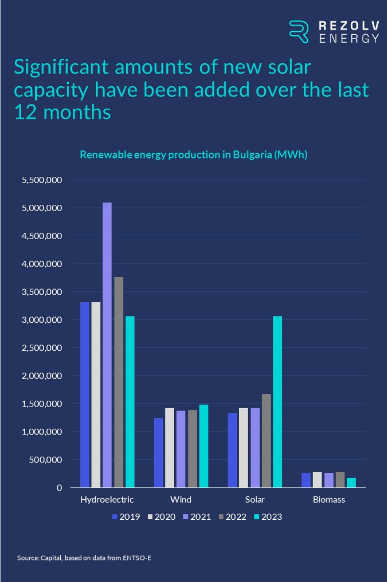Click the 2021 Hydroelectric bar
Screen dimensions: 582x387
click(x=107, y=345)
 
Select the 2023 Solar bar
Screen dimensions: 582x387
click(x=277, y=402)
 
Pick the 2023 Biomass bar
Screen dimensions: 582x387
click(x=351, y=483)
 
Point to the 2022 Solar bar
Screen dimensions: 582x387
click(x=266, y=441)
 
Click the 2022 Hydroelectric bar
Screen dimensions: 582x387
click(x=119, y=382)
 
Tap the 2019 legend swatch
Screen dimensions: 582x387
click(x=115, y=517)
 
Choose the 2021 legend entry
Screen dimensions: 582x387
click(x=196, y=517)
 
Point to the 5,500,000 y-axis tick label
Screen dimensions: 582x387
click(x=42, y=180)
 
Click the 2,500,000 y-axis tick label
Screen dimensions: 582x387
click(x=42, y=348)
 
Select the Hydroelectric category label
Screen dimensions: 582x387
click(x=107, y=500)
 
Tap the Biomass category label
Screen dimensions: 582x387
click(x=329, y=500)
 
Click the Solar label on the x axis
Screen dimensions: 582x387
click(x=255, y=500)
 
